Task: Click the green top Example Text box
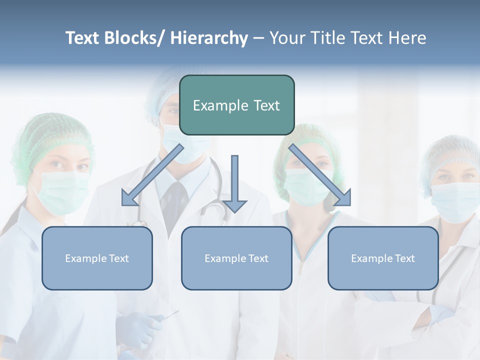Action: point(236,105)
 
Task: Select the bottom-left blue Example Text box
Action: point(97,258)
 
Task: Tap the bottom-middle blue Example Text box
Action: point(236,258)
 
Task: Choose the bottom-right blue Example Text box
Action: point(383,258)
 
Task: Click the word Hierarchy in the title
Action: point(209,38)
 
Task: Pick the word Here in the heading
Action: point(408,38)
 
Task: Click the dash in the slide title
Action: point(258,38)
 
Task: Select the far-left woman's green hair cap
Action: point(50,135)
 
